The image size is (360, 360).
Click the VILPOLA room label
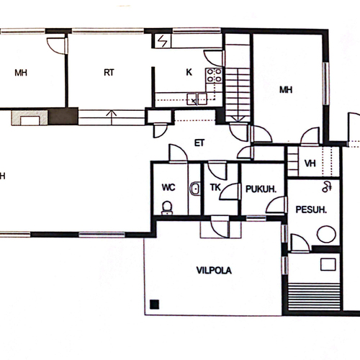[214, 271]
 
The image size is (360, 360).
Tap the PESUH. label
[311, 210]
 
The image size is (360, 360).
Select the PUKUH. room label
[261, 189]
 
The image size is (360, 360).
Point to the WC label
[168, 187]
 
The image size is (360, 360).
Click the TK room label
[215, 187]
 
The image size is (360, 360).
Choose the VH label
[310, 163]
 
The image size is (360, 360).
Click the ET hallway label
[199, 143]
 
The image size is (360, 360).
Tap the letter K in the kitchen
[189, 72]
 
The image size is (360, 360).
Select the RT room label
[109, 73]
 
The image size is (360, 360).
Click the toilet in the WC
[167, 208]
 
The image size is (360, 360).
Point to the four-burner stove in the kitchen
[214, 75]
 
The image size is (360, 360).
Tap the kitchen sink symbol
[197, 99]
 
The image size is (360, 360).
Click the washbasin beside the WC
[195, 189]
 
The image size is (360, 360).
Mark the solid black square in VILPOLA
[155, 305]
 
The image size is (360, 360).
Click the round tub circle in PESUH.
[326, 234]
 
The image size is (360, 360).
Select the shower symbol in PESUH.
[327, 186]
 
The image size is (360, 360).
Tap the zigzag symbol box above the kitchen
[163, 41]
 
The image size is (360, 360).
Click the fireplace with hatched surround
[30, 117]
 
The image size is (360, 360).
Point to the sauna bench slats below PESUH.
[314, 297]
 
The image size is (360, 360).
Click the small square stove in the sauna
[328, 264]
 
